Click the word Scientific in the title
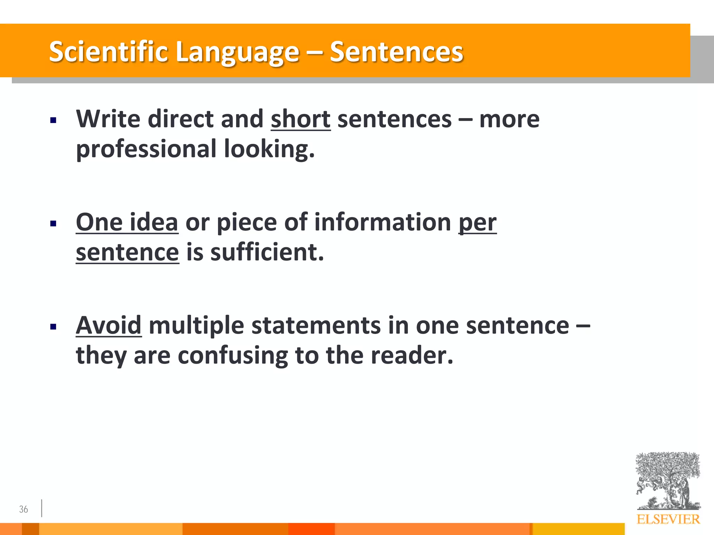108,52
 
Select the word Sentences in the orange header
396,52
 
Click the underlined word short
301,119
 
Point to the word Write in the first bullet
108,119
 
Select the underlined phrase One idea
127,223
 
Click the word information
382,223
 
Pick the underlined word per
477,223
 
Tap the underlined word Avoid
108,326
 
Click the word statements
316,326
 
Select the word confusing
233,356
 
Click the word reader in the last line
411,356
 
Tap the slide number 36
23,509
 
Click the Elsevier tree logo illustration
668,481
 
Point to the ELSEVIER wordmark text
668,519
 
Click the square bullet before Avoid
53,327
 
